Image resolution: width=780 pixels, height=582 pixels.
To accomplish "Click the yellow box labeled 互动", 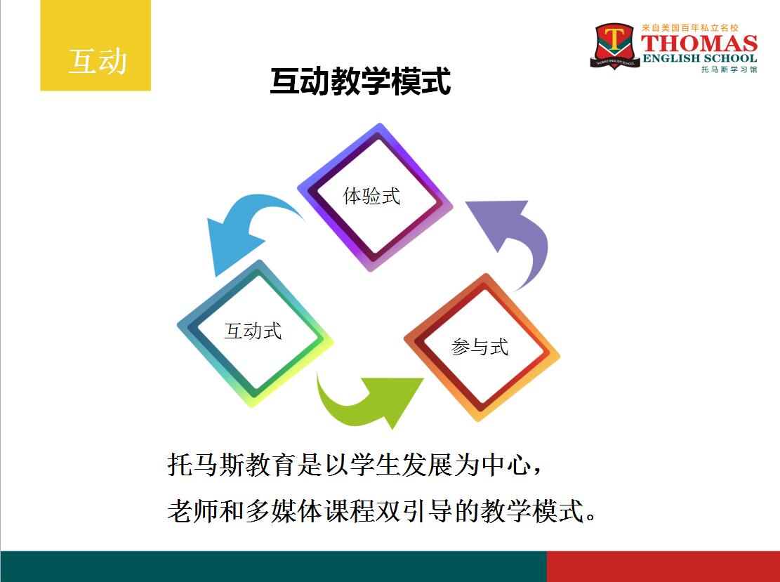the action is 95,45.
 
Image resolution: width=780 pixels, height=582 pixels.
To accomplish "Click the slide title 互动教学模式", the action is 361,81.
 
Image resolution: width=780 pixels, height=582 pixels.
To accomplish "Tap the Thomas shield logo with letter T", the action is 615,46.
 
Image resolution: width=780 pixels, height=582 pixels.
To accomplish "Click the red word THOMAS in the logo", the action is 699,44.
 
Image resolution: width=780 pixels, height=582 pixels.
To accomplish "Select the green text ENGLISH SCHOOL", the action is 699,58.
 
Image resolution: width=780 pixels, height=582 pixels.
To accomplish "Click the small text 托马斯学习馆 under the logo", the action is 729,70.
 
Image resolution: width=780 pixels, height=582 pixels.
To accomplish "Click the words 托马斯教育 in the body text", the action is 232,465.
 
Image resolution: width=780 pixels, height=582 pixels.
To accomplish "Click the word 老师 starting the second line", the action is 192,511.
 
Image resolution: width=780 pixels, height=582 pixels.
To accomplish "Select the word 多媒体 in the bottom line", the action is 284,511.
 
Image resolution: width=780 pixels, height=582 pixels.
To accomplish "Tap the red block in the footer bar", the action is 663,566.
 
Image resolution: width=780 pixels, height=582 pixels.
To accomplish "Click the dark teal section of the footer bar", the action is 273,566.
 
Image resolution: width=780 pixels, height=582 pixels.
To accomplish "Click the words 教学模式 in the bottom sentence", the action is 531,511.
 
